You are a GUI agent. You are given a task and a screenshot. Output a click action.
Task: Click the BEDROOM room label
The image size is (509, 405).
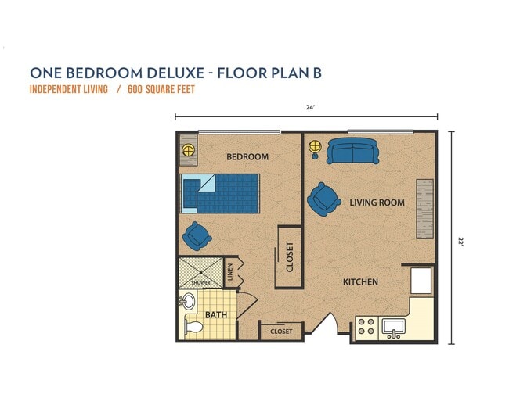pyautogui.click(x=247, y=156)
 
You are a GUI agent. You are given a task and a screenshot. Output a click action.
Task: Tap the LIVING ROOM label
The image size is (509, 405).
pyautogui.click(x=377, y=202)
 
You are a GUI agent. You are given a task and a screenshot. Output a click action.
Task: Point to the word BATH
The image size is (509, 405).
pyautogui.click(x=215, y=316)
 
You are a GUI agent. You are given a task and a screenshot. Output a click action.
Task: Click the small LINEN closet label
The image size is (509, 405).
pyautogui.click(x=230, y=272)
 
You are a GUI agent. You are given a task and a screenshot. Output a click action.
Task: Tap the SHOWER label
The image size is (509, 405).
pyautogui.click(x=200, y=282)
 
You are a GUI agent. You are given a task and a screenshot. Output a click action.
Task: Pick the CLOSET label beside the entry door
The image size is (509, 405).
pyautogui.click(x=281, y=332)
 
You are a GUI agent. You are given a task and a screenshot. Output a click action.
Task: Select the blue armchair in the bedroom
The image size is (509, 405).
pyautogui.click(x=197, y=234)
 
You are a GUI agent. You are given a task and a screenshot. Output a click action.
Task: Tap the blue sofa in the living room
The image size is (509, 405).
pyautogui.click(x=352, y=151)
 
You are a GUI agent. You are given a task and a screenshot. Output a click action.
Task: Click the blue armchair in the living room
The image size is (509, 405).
pyautogui.click(x=323, y=199)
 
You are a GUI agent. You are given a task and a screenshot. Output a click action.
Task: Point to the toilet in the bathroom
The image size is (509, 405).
pyautogui.click(x=192, y=326)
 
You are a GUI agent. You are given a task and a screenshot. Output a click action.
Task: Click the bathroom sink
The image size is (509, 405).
pyautogui.click(x=188, y=301)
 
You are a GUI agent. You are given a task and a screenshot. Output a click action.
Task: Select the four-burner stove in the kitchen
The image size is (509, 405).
pyautogui.click(x=366, y=326)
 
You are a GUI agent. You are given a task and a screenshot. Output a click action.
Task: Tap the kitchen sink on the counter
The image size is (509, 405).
pyautogui.click(x=393, y=327)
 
